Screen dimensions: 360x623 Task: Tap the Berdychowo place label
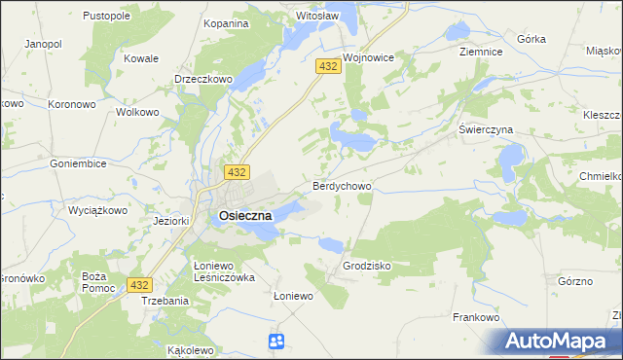click(341, 185)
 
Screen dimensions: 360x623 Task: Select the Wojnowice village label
click(368, 57)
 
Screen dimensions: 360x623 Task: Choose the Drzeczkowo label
click(202, 79)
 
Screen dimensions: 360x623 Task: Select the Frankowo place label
click(476, 317)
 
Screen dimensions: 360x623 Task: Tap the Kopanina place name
click(226, 22)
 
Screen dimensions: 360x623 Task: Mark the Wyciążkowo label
click(99, 210)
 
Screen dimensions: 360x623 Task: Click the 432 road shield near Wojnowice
click(327, 65)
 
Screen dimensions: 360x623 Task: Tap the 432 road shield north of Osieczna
click(235, 171)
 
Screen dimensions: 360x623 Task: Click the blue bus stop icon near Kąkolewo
click(276, 341)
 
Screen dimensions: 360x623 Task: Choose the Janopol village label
click(43, 45)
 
